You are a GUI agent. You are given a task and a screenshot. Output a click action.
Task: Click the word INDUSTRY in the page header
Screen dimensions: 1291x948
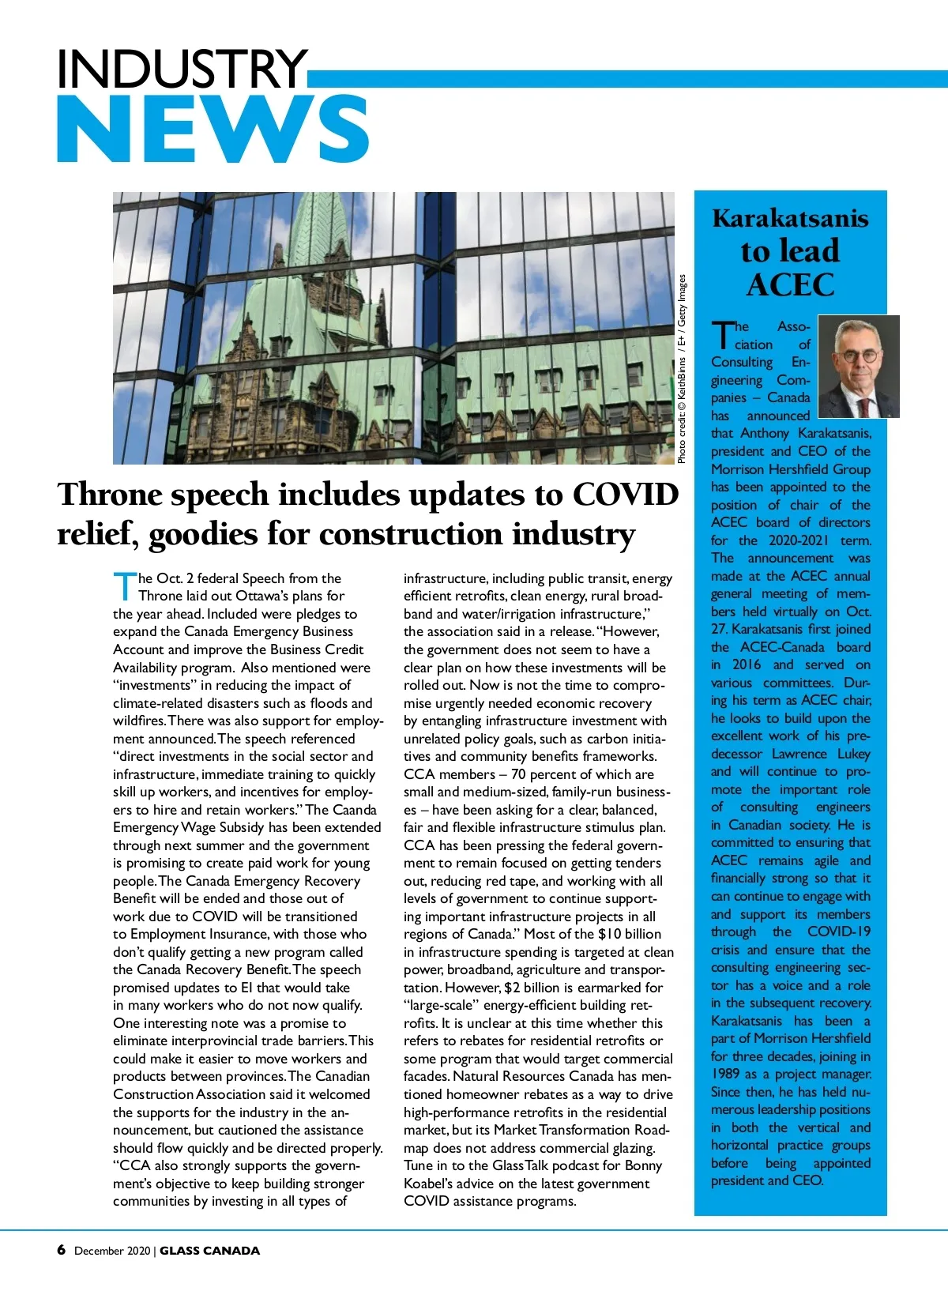click(182, 69)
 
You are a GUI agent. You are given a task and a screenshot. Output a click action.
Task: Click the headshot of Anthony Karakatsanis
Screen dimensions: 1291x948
click(859, 367)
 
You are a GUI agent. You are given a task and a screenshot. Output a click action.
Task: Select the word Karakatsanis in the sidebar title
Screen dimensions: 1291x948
click(790, 218)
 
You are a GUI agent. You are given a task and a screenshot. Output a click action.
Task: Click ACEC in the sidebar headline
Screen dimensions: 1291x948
click(790, 284)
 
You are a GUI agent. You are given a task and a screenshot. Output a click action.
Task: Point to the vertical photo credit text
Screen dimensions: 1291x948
click(682, 369)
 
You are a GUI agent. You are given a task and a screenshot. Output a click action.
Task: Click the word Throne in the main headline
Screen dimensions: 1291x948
click(110, 495)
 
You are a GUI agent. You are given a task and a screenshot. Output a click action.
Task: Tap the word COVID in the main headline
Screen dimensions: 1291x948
click(625, 495)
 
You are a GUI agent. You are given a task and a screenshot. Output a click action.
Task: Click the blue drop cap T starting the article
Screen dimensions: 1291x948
click(125, 585)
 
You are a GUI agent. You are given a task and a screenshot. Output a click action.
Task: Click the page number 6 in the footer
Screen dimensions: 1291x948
click(62, 1250)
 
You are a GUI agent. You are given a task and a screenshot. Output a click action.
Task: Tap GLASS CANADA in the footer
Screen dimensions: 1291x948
click(209, 1251)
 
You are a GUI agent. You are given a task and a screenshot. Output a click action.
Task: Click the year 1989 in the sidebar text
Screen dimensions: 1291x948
click(725, 1074)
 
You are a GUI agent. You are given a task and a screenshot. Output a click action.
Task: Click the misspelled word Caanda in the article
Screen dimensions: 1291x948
click(355, 810)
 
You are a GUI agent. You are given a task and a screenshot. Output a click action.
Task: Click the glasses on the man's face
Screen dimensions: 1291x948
click(859, 355)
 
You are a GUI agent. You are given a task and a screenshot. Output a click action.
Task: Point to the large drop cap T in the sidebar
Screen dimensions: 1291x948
click(721, 335)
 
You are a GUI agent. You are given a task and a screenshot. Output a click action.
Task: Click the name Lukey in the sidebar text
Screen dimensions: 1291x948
click(853, 754)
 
